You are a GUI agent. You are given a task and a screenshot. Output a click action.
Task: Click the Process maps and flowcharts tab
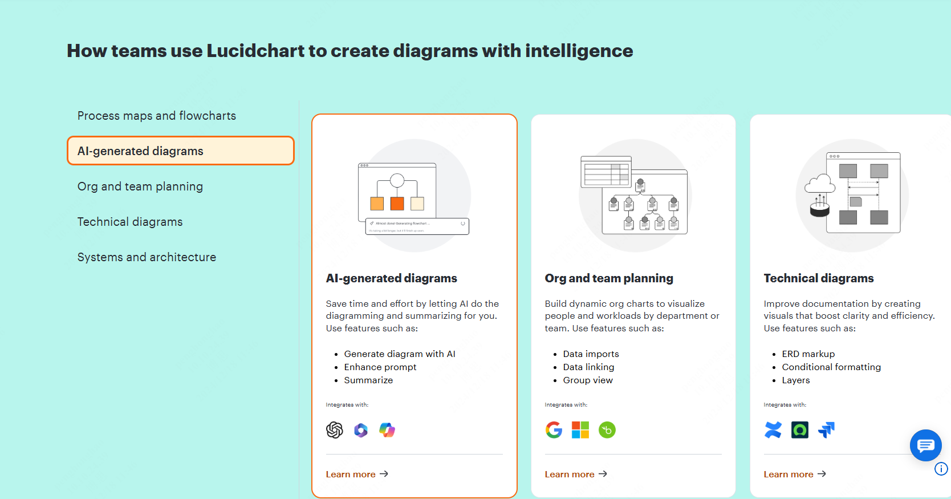[157, 116]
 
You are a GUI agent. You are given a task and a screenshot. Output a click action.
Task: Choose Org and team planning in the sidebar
[140, 186]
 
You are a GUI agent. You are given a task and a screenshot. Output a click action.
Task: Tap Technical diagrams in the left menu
[130, 222]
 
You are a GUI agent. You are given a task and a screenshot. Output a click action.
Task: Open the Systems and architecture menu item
[147, 257]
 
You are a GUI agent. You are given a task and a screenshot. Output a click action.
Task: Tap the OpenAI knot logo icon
[335, 430]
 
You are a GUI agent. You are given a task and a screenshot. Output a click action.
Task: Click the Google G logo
[554, 430]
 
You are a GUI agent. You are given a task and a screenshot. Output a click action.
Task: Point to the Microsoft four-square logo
[580, 430]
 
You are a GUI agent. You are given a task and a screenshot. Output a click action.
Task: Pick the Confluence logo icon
[773, 430]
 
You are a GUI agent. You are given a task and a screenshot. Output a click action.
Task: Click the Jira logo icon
[826, 430]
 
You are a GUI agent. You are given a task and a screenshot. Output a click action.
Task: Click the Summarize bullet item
[368, 380]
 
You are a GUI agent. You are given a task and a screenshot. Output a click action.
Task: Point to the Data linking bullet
[588, 367]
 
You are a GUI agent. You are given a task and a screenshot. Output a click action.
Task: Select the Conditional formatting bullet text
[831, 367]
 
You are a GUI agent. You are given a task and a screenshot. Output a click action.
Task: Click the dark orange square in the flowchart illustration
[397, 204]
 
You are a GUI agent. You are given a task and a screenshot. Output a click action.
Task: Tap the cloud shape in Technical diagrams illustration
[820, 184]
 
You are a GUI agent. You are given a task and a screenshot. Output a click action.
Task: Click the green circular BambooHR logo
[607, 430]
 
